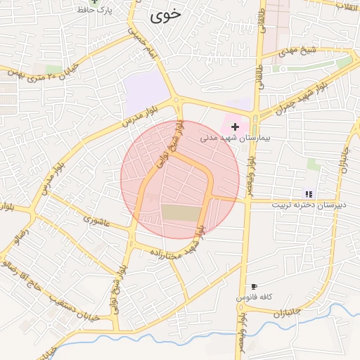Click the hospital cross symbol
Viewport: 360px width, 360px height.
point(235,126)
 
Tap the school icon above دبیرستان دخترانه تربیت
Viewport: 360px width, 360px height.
point(308,193)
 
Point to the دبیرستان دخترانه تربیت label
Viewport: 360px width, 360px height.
point(307,205)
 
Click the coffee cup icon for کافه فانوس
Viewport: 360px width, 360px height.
point(254,286)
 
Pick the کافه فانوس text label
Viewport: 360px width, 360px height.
point(254,297)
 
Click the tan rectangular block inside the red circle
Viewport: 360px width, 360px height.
point(181,212)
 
